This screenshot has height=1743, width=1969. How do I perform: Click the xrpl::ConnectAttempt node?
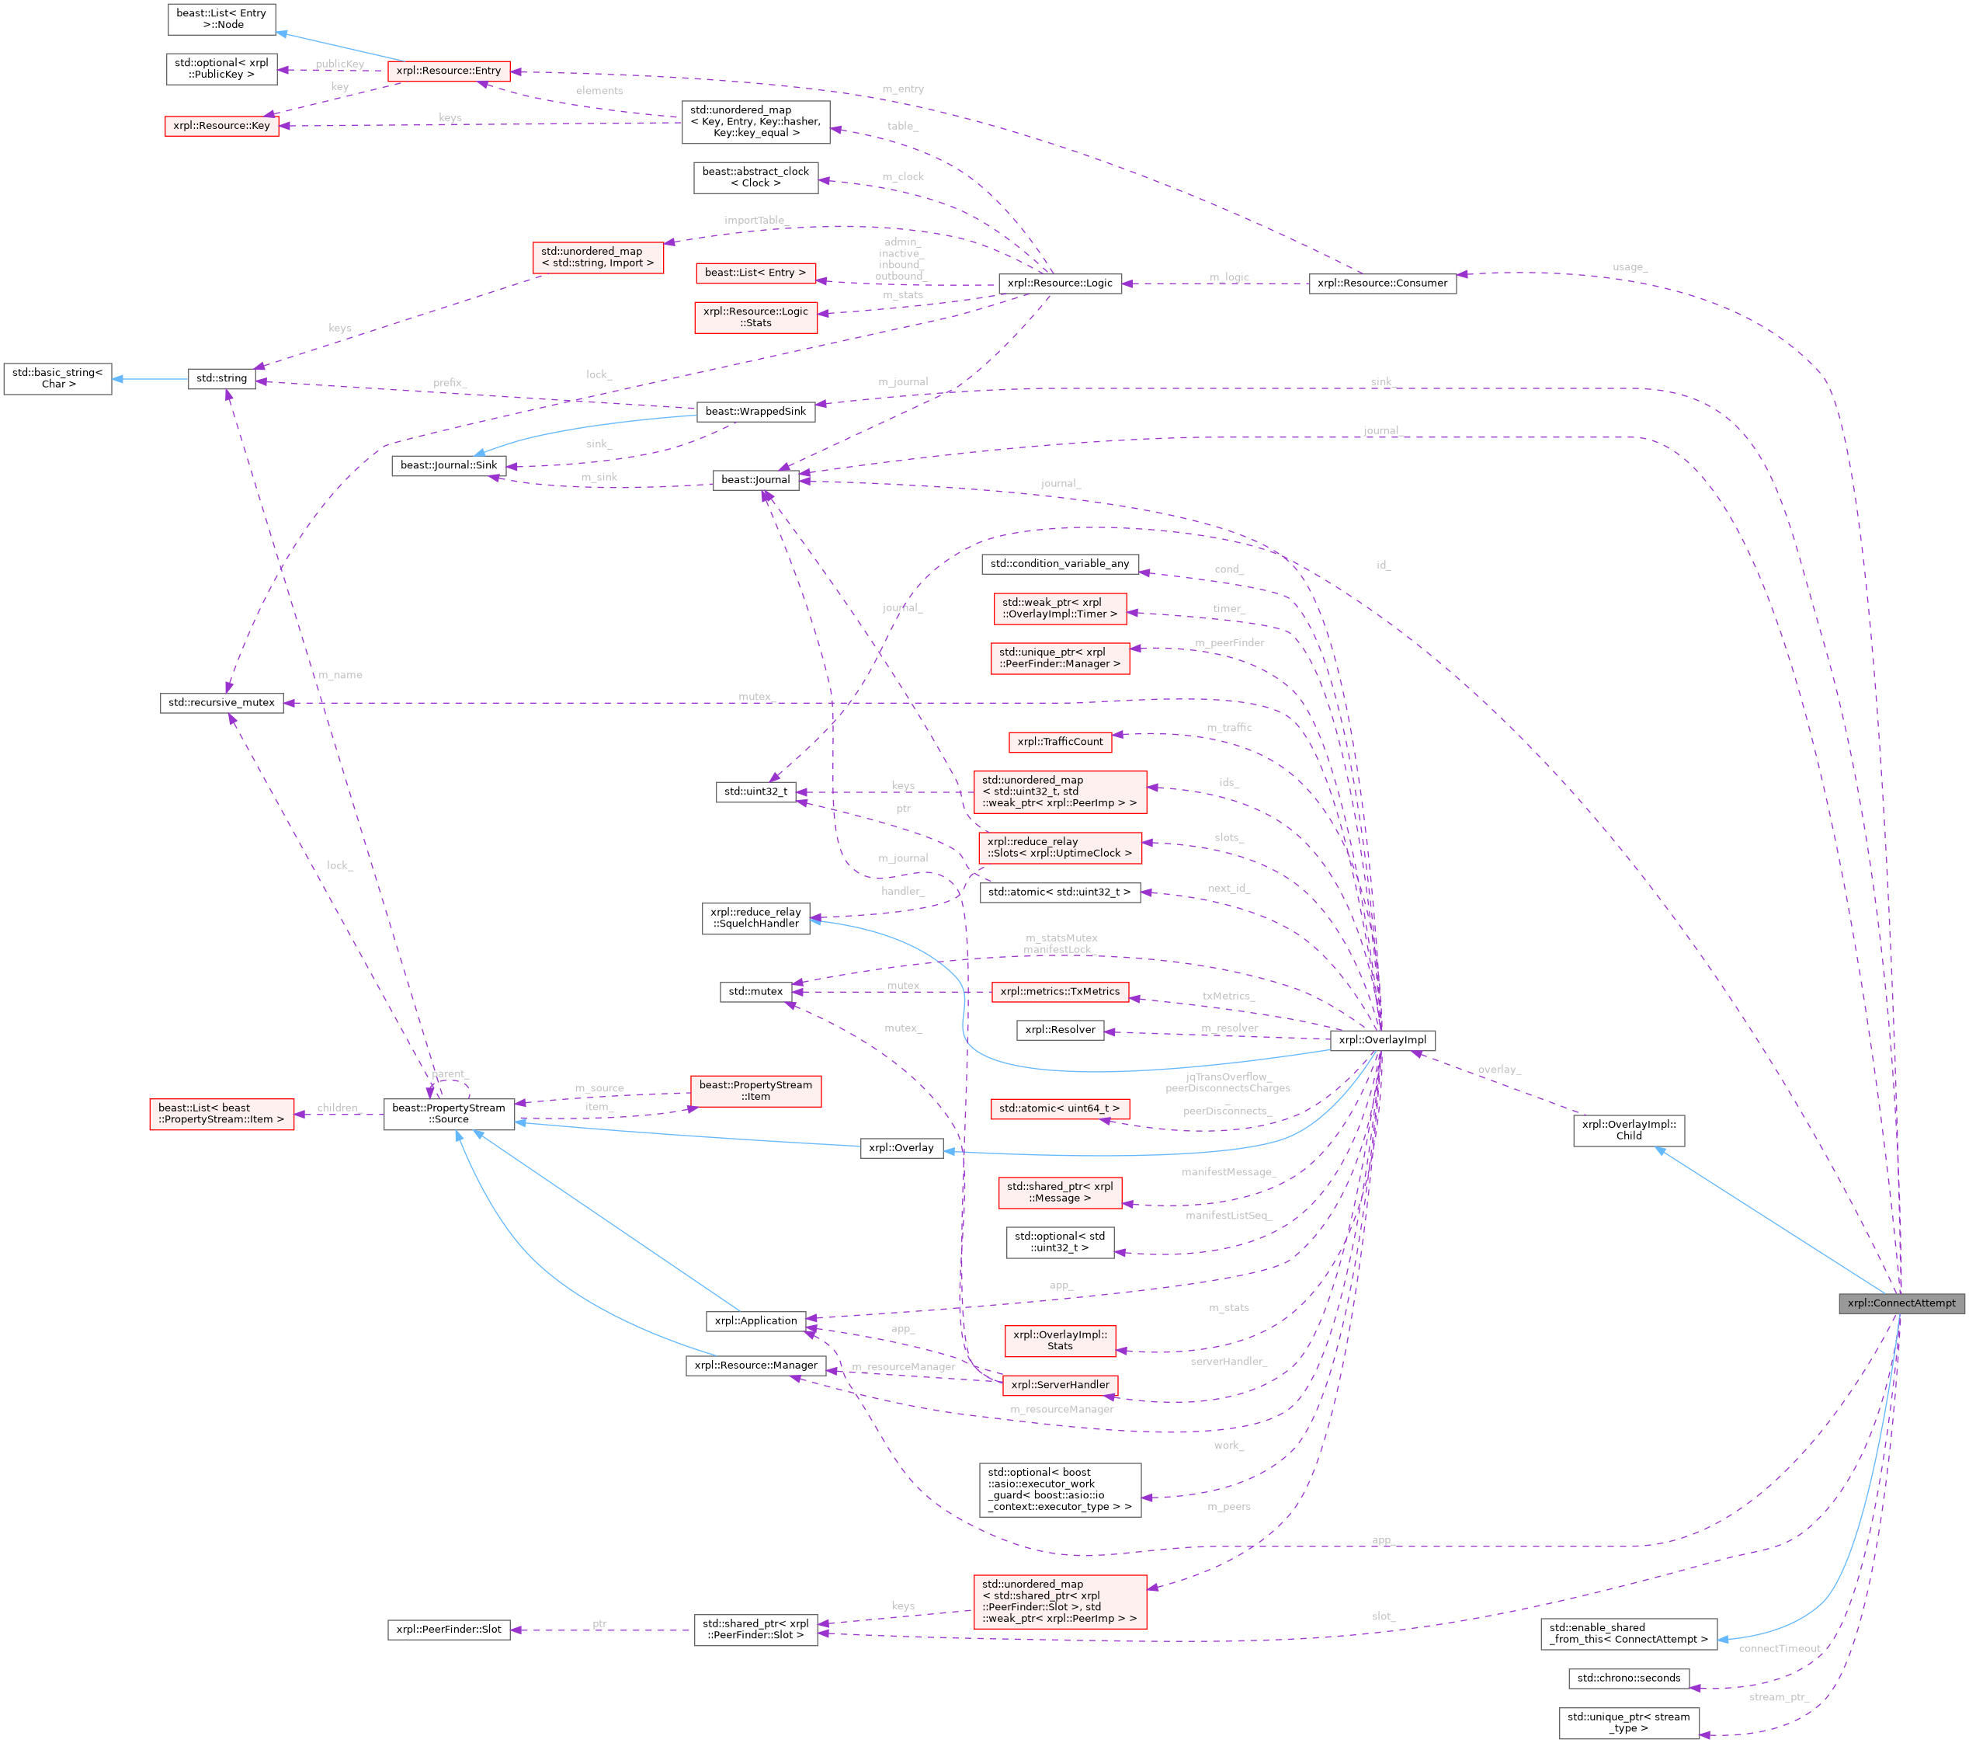click(1901, 1303)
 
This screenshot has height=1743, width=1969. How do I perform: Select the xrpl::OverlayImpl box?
click(1381, 1039)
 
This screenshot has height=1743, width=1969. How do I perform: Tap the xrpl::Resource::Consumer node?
click(1381, 284)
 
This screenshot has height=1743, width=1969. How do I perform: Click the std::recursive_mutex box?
click(221, 702)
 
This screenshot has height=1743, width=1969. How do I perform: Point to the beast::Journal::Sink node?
click(449, 465)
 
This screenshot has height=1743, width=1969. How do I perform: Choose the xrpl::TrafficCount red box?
click(1060, 742)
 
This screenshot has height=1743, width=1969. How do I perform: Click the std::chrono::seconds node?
click(1628, 1678)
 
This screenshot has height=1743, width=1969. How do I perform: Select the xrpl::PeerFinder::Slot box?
click(449, 1630)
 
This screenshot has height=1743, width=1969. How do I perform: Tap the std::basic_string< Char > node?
click(57, 377)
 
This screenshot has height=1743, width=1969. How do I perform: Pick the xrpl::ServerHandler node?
click(1060, 1385)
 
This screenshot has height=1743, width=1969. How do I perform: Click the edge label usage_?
click(1629, 267)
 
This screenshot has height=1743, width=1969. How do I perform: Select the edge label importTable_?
click(754, 221)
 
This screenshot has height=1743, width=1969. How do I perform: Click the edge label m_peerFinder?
click(1229, 642)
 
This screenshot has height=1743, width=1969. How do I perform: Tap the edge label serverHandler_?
click(1228, 1362)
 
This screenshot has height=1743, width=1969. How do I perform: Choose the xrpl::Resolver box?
click(1060, 1030)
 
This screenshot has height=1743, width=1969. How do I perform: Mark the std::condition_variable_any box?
click(1060, 564)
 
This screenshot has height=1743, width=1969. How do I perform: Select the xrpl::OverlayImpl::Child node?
click(1628, 1130)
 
